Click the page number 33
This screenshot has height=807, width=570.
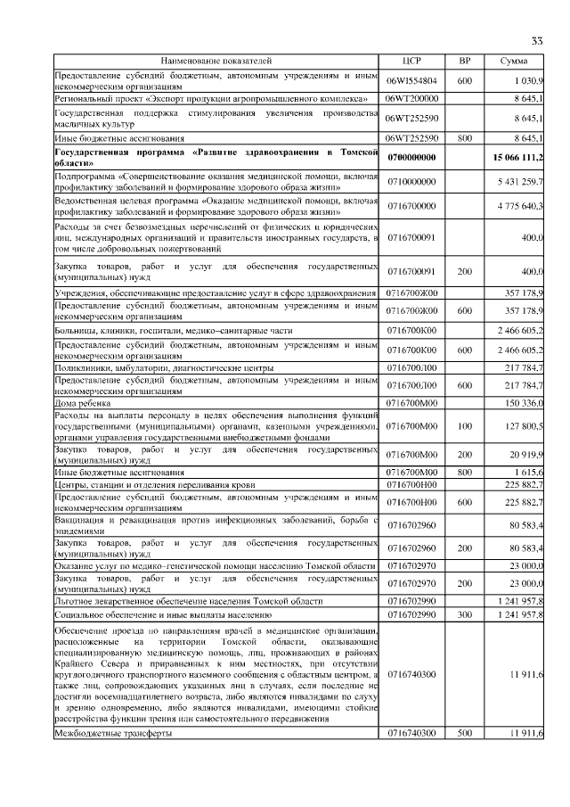pyautogui.click(x=536, y=41)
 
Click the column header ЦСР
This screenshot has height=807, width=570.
pyautogui.click(x=411, y=61)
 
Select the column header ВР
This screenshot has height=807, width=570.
pyautogui.click(x=464, y=61)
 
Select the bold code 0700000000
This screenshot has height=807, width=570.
pyautogui.click(x=411, y=158)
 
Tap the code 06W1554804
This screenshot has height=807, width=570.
pyautogui.click(x=411, y=81)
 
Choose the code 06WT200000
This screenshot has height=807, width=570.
pyautogui.click(x=411, y=98)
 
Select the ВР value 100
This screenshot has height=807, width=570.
pyautogui.click(x=464, y=427)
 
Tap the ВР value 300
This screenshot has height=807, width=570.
pyautogui.click(x=464, y=616)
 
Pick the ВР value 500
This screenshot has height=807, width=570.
pyautogui.click(x=464, y=733)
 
